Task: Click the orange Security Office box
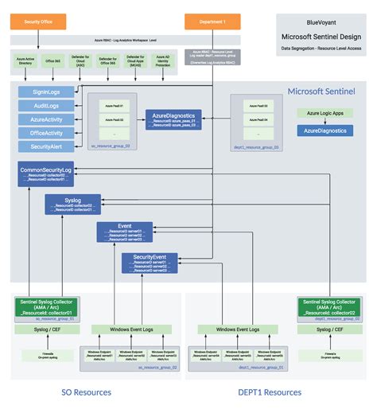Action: pos(38,22)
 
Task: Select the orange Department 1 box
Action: pos(212,22)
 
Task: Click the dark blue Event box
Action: pos(124,232)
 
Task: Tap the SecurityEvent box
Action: pos(149,262)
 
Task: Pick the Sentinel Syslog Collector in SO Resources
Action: pos(45,307)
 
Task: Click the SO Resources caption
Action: pos(86,392)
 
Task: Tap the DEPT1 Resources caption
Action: pos(270,392)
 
